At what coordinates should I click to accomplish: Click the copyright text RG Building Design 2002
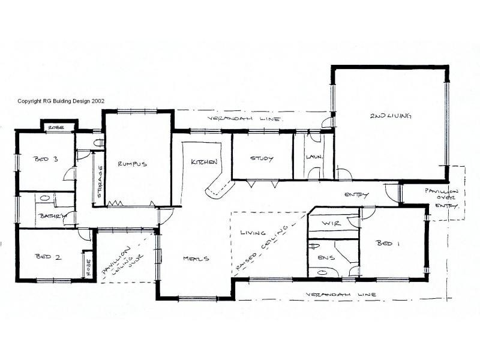(61, 101)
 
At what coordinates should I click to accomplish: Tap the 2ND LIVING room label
(391, 116)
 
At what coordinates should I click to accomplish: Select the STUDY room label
(262, 159)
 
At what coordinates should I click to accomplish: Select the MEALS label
(196, 259)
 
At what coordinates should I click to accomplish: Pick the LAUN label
(313, 157)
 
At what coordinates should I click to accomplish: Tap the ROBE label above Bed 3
(57, 128)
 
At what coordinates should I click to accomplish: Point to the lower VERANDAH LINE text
(341, 295)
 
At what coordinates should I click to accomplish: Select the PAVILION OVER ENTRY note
(442, 197)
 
